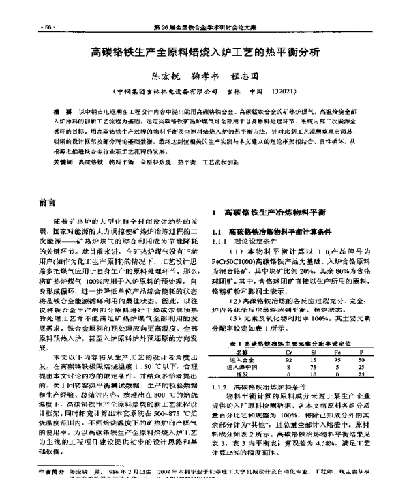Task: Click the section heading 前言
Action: point(47,203)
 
